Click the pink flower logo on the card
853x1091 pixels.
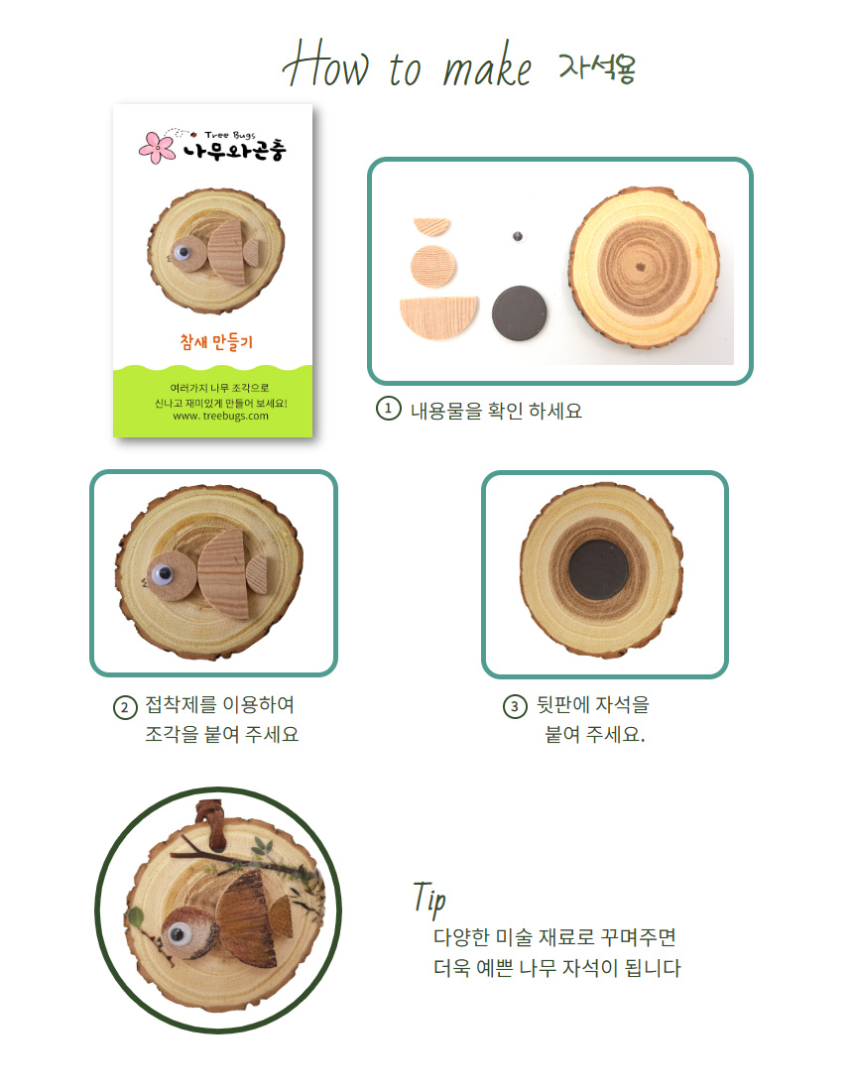[158, 147]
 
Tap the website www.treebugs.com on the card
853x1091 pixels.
[220, 417]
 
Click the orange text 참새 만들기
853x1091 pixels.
[216, 341]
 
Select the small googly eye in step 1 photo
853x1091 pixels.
[518, 237]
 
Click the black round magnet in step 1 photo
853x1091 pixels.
[519, 313]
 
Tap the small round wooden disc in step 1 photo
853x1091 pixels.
[433, 265]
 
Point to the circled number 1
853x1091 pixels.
[388, 409]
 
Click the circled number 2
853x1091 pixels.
[125, 707]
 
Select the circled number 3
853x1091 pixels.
[515, 707]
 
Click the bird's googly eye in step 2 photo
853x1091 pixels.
[164, 574]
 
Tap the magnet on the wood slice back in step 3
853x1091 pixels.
[598, 570]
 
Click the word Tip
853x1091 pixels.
[429, 899]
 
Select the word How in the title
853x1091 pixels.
[325, 64]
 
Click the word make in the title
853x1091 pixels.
[487, 65]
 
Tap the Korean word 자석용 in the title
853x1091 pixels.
[598, 66]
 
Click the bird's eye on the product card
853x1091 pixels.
[183, 251]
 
